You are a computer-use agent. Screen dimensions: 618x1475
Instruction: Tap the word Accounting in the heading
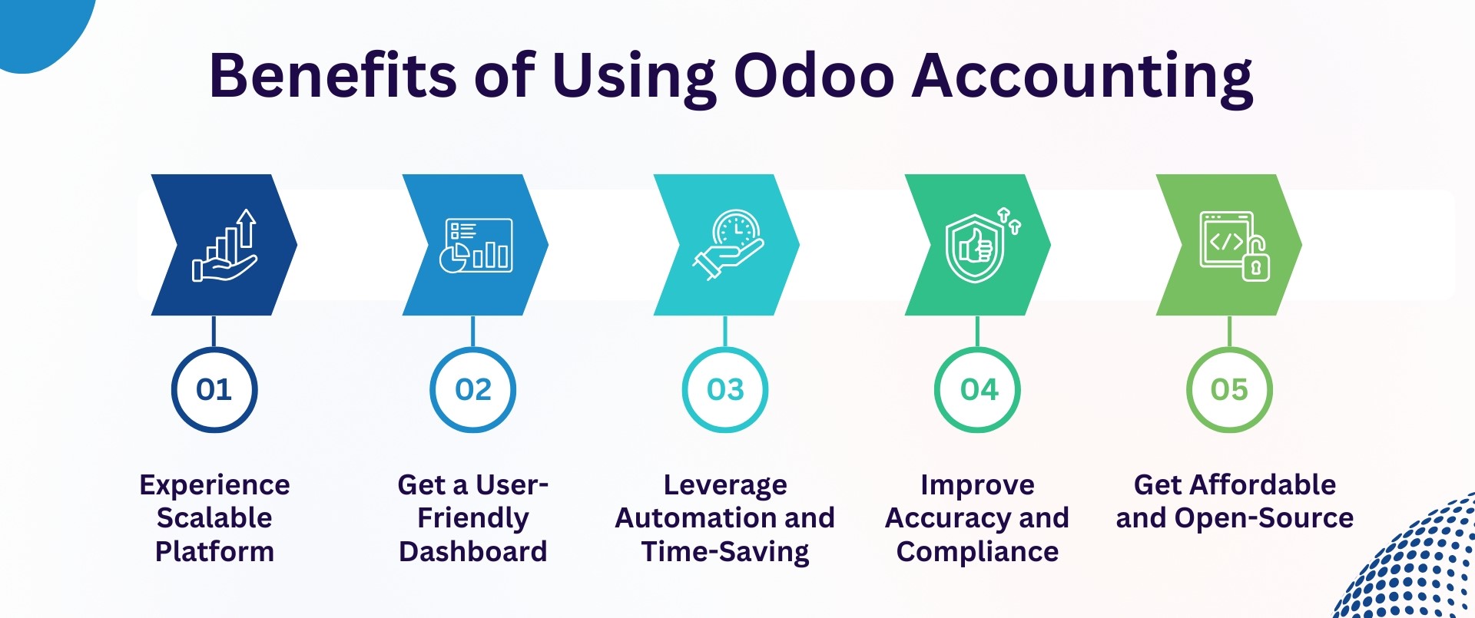pos(1082,77)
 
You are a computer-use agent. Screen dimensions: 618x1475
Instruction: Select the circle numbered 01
pos(214,390)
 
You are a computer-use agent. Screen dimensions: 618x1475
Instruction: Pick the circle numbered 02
pos(472,390)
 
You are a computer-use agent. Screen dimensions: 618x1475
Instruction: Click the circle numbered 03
pos(725,390)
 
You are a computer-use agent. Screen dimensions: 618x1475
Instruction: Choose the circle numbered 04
pos(977,390)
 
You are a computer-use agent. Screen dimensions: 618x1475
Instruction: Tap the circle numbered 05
pos(1229,390)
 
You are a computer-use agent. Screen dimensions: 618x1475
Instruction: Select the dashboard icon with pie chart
pos(476,246)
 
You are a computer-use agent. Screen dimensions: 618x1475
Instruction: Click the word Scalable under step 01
pos(214,518)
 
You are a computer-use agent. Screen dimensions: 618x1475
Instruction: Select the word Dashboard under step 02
pos(472,552)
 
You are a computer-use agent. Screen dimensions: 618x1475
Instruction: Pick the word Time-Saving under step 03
pos(725,552)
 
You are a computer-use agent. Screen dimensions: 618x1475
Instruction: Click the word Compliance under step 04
pos(977,552)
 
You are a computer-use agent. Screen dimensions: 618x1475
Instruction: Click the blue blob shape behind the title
pos(38,27)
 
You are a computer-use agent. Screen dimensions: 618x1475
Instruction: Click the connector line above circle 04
pos(977,331)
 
